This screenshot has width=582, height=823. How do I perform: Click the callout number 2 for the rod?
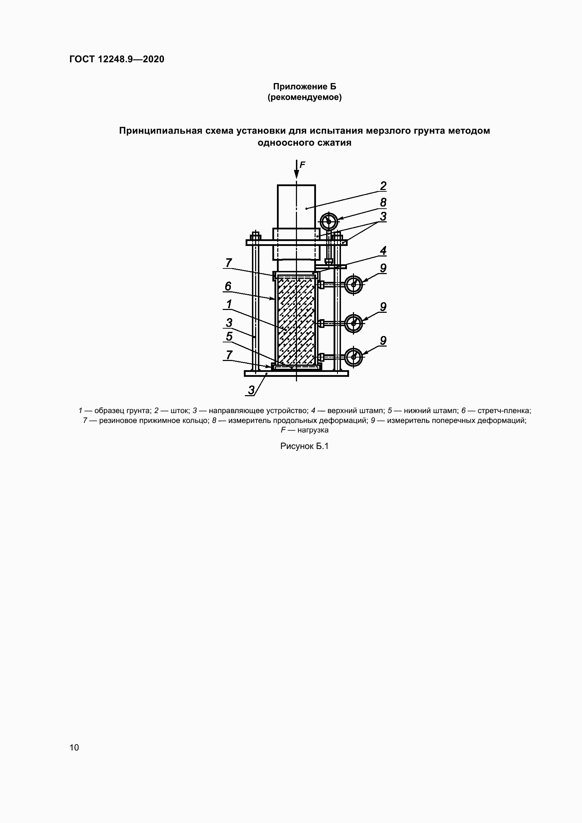tap(383, 186)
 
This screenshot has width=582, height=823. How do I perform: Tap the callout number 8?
tap(383, 203)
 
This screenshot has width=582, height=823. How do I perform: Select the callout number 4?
tap(383, 251)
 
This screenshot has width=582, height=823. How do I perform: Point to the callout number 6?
tap(228, 286)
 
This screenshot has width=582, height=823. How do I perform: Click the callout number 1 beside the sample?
tap(229, 305)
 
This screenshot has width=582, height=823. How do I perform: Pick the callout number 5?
tap(229, 337)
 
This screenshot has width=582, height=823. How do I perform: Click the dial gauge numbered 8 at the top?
tap(329, 222)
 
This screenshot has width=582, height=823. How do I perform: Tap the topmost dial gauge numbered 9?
tap(354, 285)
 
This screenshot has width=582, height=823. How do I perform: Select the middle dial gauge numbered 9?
tap(354, 323)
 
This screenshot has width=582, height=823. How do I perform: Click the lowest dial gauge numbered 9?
tap(354, 357)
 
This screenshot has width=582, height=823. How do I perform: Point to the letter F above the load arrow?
tap(302, 165)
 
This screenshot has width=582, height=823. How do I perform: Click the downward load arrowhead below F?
tap(296, 174)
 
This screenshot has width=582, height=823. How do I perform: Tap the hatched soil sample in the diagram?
tap(296, 321)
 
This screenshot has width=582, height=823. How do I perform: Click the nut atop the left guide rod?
tap(255, 235)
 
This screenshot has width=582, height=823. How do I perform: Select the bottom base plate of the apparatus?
tap(296, 374)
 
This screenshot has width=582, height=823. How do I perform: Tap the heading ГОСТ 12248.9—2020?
tap(117, 59)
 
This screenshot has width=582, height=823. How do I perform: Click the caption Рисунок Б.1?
tap(304, 446)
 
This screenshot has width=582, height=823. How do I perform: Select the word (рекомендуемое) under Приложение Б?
tap(305, 97)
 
